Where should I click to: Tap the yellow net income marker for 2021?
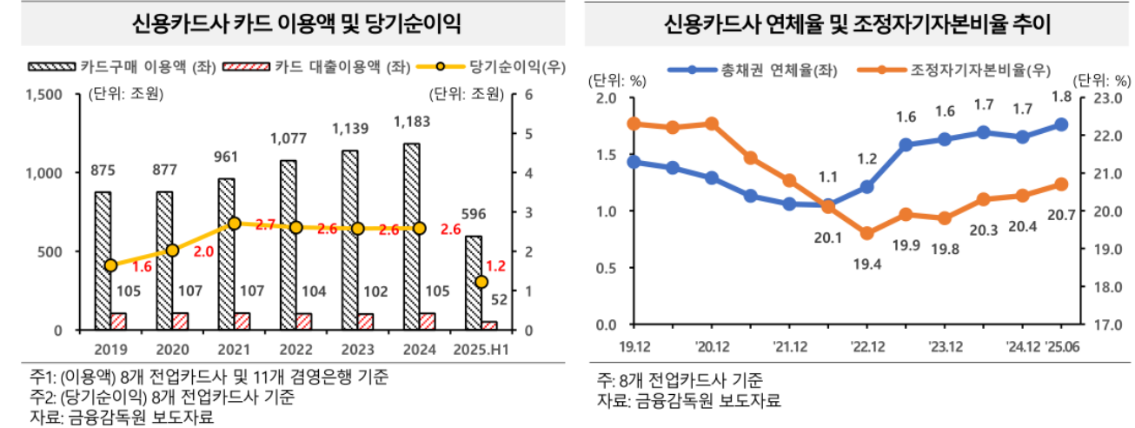tap(234, 224)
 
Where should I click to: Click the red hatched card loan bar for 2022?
tap(303, 321)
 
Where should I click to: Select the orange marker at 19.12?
tap(634, 124)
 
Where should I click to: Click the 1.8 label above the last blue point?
tap(1061, 97)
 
